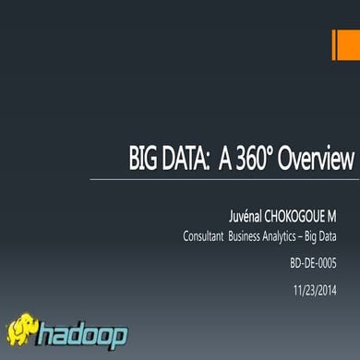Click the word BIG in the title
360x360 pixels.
(143, 158)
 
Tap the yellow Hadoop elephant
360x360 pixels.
(26, 330)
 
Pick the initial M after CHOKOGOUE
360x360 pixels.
(348, 214)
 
